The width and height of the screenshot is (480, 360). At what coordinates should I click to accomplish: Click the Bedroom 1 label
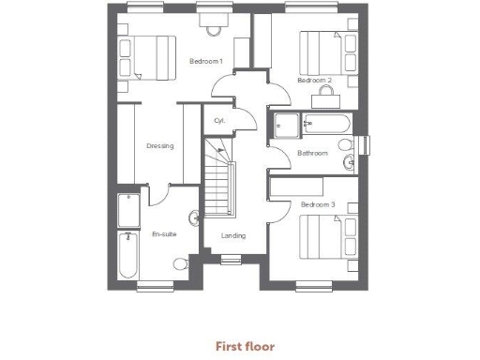[206, 61]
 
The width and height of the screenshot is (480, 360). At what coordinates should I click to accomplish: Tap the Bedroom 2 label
[315, 81]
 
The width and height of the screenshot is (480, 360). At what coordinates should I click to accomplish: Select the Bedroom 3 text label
[318, 203]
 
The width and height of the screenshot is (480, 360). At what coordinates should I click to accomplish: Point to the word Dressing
[160, 145]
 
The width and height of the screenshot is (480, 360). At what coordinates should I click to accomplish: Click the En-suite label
[164, 234]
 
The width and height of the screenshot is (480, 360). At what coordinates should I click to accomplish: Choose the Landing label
[232, 235]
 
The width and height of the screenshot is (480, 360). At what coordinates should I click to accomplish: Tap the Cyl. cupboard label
[219, 121]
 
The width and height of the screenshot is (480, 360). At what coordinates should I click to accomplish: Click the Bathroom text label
[311, 153]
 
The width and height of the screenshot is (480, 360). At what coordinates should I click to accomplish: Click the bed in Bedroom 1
[149, 56]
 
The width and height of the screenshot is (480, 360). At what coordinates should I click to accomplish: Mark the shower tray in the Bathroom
[286, 123]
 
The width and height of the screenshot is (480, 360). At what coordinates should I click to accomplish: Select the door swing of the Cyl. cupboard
[244, 120]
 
